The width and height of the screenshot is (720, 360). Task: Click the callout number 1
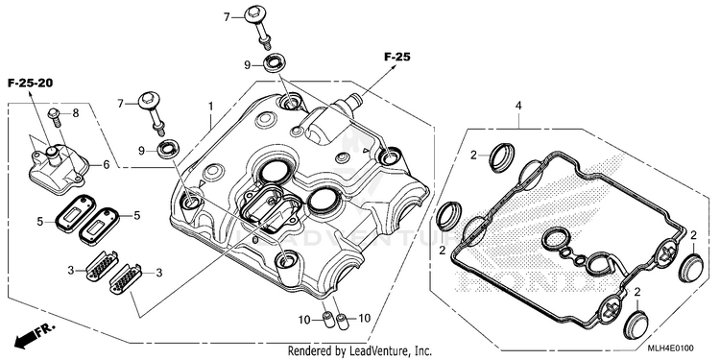[211, 106]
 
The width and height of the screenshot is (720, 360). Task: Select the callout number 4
[518, 106]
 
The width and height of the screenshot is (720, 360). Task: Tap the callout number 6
[106, 164]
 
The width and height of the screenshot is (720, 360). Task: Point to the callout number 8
[76, 113]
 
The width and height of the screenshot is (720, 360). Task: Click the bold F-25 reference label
[397, 58]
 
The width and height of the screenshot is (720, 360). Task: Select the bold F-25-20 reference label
[31, 84]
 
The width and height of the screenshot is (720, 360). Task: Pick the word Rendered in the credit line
[310, 351]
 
